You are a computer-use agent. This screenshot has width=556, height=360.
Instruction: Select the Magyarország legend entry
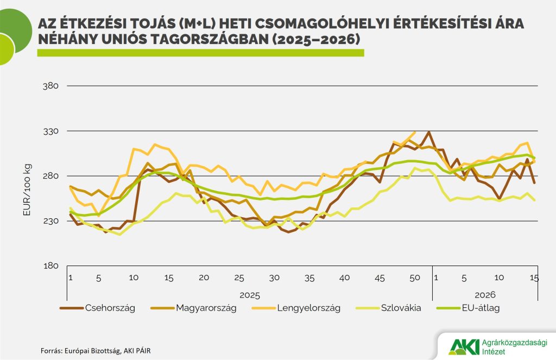[x=206, y=308]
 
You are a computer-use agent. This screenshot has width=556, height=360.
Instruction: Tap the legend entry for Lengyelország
[x=308, y=308]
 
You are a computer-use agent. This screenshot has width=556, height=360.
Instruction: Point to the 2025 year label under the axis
[x=249, y=295]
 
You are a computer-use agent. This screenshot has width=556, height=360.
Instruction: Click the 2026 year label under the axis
[x=485, y=295]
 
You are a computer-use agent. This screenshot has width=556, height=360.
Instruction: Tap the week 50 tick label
[x=414, y=277]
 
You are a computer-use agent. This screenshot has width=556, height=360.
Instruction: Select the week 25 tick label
[x=239, y=277]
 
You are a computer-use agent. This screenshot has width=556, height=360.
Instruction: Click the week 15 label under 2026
[x=534, y=277]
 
